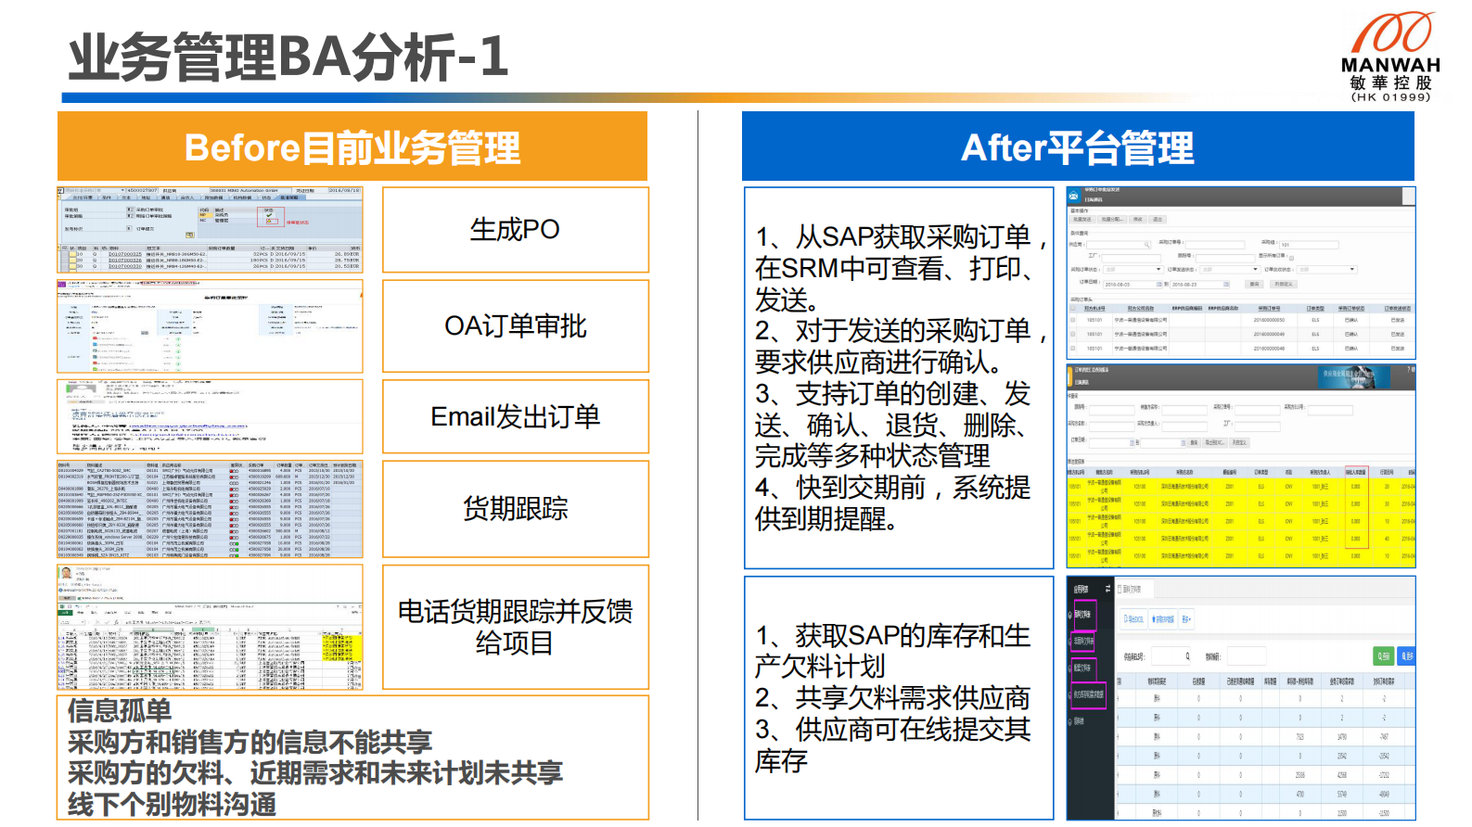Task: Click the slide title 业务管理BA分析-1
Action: click(288, 57)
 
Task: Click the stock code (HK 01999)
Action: click(1390, 96)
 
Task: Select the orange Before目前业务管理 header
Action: click(352, 147)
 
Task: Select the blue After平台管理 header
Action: click(1078, 147)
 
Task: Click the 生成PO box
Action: click(515, 230)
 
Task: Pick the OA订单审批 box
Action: click(515, 326)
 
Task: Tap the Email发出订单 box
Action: click(515, 417)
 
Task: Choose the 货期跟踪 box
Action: click(515, 508)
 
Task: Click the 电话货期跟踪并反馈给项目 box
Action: click(515, 627)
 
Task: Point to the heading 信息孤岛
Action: click(120, 711)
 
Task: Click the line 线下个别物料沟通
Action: click(173, 804)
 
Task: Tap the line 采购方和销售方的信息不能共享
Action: click(250, 742)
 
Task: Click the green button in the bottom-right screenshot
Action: click(1383, 655)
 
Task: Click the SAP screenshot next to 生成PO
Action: click(210, 230)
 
